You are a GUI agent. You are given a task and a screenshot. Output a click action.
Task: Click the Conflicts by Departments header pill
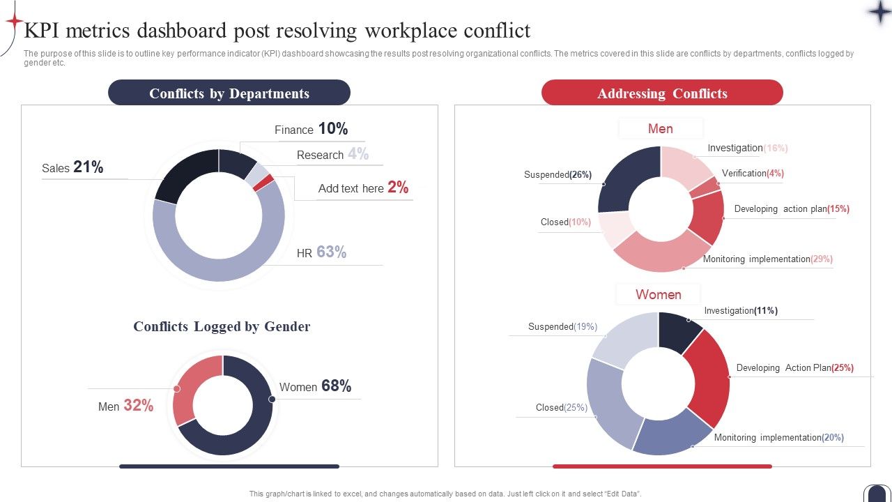point(229,93)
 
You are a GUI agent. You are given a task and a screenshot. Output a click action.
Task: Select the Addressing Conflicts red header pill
point(662,93)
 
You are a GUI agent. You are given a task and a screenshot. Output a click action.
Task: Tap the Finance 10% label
point(311,129)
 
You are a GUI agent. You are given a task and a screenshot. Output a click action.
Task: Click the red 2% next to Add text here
point(398,187)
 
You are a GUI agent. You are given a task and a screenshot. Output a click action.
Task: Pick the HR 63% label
point(321,252)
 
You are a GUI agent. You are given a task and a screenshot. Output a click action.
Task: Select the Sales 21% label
point(72,167)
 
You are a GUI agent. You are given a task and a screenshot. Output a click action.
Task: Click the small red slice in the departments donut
point(263,183)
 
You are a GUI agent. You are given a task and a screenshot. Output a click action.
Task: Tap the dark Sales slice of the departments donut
point(183,174)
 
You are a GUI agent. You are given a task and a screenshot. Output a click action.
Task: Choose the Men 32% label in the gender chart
point(125,406)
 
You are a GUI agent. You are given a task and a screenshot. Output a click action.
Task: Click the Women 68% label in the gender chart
point(315,386)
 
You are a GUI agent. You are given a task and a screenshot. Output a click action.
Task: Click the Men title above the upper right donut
point(660,128)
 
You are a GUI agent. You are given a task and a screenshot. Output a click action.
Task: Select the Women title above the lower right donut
point(658,294)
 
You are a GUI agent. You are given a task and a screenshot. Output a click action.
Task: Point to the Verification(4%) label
point(753,173)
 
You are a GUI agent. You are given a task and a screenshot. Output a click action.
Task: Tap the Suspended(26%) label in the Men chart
point(557,175)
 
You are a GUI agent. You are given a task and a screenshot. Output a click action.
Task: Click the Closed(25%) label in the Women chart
point(562,407)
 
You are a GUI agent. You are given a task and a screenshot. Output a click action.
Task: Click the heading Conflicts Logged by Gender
point(222,326)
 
